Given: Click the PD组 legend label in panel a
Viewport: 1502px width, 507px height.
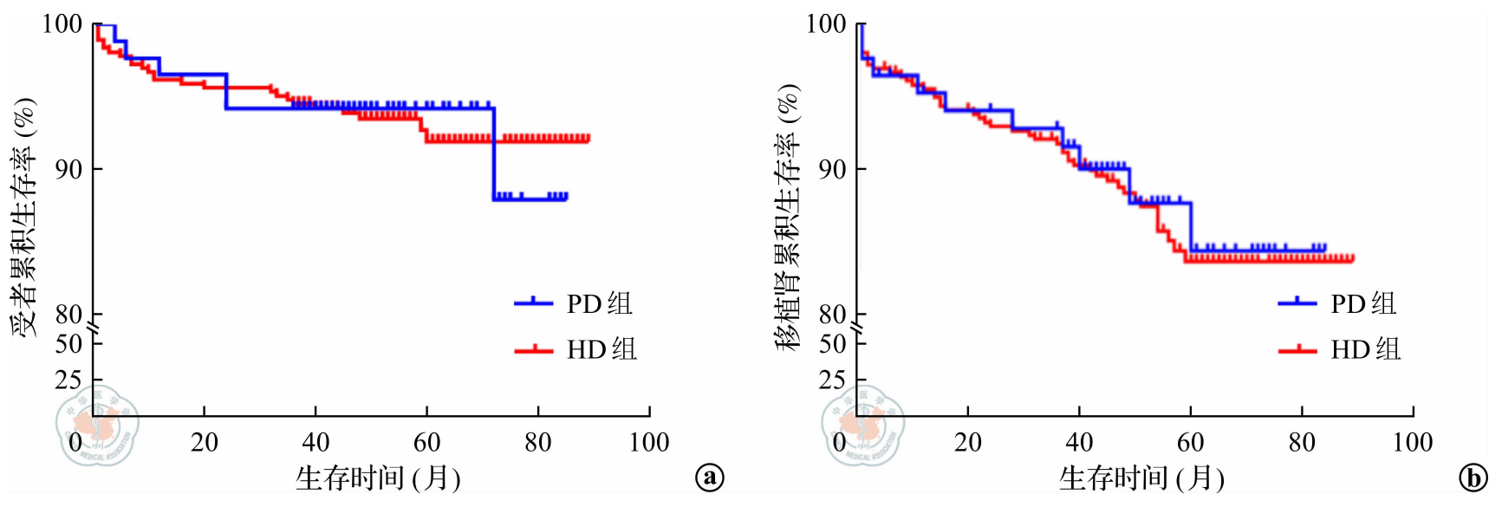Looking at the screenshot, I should [x=599, y=303].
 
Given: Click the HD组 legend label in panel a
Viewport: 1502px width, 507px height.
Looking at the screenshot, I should [x=601, y=349].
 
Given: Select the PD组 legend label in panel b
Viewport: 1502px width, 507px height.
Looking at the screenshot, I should [x=1363, y=303].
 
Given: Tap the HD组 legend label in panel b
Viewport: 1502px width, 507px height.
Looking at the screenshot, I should [x=1366, y=349].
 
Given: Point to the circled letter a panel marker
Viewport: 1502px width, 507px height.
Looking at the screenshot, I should [x=710, y=478].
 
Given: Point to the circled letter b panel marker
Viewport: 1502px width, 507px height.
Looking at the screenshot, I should [x=1473, y=478].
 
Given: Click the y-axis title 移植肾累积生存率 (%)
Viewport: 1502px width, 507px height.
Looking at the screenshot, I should [x=788, y=217].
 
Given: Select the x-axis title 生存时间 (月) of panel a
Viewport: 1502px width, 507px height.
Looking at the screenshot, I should [x=378, y=478].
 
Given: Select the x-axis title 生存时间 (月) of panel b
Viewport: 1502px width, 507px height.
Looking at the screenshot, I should [x=1141, y=478].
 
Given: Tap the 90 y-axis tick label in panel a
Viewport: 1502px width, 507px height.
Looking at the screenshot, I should [x=68, y=169].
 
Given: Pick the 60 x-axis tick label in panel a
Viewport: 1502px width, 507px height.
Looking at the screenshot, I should [x=426, y=443].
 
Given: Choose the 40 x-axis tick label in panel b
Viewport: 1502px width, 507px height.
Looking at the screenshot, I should [x=1079, y=443].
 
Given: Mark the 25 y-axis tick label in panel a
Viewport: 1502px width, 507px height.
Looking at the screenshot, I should [x=68, y=380].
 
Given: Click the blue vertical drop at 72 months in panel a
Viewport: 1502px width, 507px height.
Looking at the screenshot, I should [x=494, y=154].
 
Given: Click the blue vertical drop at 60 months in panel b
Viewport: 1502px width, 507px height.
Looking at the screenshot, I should [x=1191, y=227].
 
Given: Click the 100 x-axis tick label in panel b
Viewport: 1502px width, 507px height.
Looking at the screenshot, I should [x=1412, y=443].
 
